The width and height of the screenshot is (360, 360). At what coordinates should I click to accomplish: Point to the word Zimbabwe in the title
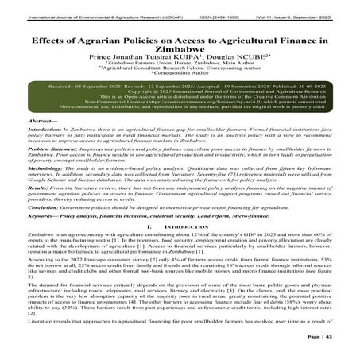(x=180, y=50)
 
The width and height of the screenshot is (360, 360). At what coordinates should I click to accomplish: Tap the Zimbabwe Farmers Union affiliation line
(x=180, y=69)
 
